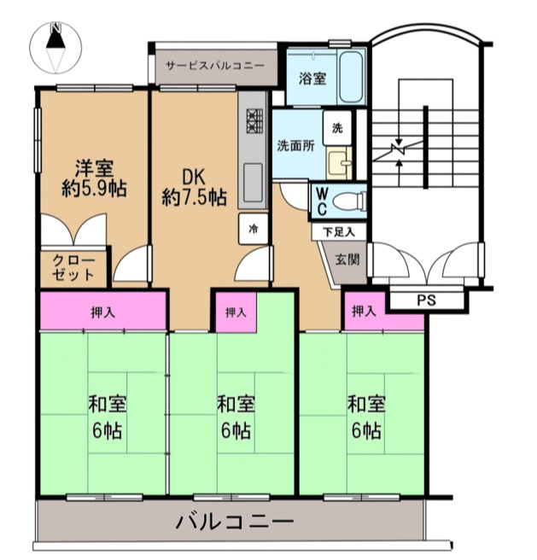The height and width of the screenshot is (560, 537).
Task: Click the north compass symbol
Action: (x=55, y=48)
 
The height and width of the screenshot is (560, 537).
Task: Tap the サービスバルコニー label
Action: (x=215, y=66)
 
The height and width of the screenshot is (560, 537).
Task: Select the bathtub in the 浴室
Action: (x=351, y=77)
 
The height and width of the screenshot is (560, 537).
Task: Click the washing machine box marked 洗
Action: (x=337, y=128)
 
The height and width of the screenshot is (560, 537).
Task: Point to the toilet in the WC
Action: (x=348, y=201)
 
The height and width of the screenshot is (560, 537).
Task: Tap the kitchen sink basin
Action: (x=253, y=183)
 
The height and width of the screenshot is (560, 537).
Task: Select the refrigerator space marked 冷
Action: (x=254, y=229)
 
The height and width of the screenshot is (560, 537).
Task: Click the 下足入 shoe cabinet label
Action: (x=339, y=232)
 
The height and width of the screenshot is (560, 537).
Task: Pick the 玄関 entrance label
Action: (x=347, y=260)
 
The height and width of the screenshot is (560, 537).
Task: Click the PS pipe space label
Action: (x=427, y=300)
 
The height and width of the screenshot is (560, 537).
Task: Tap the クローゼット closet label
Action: (x=73, y=267)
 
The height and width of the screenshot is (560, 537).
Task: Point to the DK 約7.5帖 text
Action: (x=195, y=187)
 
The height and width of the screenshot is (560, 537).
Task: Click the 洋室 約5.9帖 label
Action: (x=94, y=178)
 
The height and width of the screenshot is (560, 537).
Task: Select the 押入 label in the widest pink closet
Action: (x=103, y=312)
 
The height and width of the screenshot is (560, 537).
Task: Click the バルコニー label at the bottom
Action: (x=235, y=522)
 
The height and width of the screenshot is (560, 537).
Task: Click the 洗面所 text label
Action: (x=296, y=146)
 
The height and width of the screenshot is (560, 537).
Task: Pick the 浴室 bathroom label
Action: (x=312, y=79)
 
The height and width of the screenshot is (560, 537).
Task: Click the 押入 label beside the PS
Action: (x=364, y=312)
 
